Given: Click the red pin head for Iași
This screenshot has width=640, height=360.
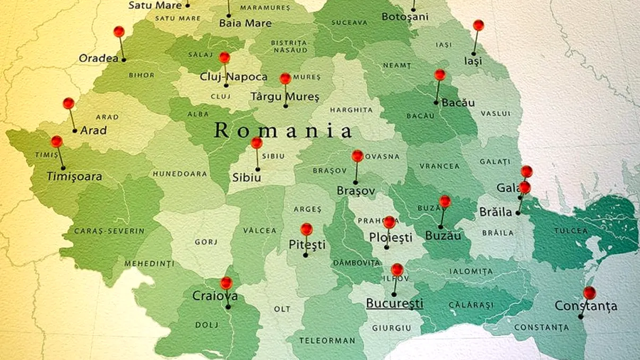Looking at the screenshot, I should (x=478, y=25).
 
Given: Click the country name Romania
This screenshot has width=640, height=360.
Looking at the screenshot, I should (x=283, y=131).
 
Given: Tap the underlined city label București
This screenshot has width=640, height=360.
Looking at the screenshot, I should (x=395, y=304).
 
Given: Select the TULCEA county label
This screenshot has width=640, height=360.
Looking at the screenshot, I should (x=571, y=230).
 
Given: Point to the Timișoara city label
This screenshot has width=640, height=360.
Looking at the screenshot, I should (x=74, y=177).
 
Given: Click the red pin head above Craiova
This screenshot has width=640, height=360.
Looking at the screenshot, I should (x=226, y=283).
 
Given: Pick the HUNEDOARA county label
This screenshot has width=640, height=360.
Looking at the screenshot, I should (x=180, y=174).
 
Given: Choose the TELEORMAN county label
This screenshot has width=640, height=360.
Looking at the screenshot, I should (x=327, y=340).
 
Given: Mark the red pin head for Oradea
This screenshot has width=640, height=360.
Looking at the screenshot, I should (x=119, y=32).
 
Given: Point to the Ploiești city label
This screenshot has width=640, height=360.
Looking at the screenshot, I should (x=391, y=238).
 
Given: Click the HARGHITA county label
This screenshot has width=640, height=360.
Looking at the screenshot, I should (x=351, y=110).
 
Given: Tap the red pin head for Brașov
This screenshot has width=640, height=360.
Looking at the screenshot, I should (x=357, y=156).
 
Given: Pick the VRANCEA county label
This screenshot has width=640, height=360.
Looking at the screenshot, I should (x=439, y=166).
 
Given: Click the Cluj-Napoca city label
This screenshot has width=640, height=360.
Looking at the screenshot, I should (x=233, y=77).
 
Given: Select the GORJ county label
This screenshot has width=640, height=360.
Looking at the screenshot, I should (x=206, y=242).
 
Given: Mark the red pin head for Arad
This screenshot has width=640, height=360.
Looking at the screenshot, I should (x=68, y=104).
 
